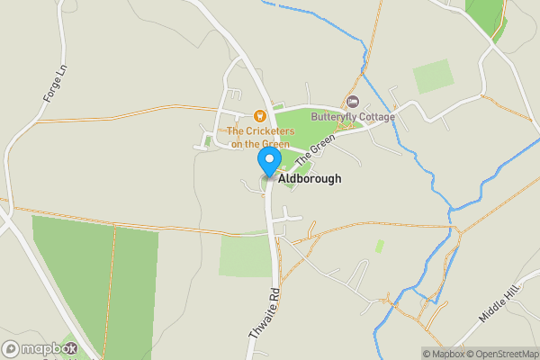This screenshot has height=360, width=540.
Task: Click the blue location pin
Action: (x=269, y=160)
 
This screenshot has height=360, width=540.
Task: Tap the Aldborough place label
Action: (x=310, y=179)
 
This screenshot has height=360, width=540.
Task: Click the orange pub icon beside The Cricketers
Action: (x=259, y=115)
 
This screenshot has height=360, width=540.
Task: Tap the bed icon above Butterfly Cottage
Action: (x=352, y=101)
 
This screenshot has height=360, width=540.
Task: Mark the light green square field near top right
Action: (x=433, y=77)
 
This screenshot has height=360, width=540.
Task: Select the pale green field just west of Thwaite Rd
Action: (x=245, y=255)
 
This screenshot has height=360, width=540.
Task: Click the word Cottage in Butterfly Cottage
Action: (x=373, y=116)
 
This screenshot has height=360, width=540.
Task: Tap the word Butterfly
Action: (x=330, y=116)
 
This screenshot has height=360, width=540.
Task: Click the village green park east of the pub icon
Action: (x=301, y=123)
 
